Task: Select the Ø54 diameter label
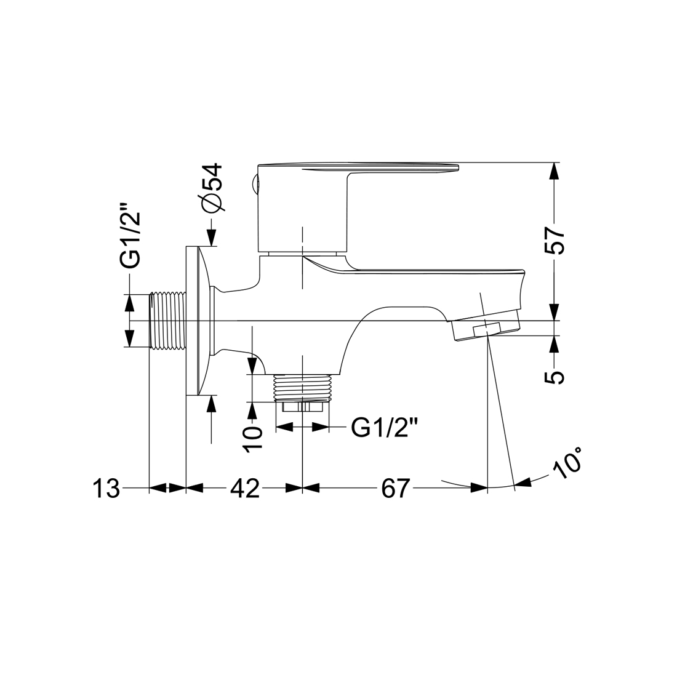(x=212, y=188)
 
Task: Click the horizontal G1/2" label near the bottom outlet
(x=379, y=428)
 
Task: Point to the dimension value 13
(x=106, y=488)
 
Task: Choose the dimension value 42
(x=244, y=488)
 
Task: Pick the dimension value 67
(x=394, y=488)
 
